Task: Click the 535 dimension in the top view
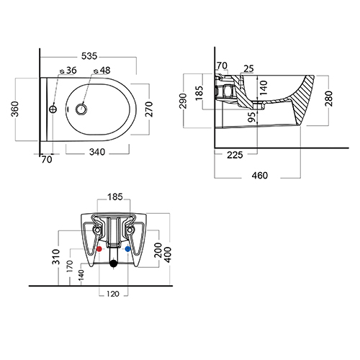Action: click(x=89, y=56)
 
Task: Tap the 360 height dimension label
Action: click(x=15, y=109)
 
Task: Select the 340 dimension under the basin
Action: click(x=97, y=152)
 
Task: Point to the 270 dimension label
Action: click(x=149, y=109)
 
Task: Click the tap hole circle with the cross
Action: click(x=53, y=109)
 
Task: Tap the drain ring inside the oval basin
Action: click(x=81, y=109)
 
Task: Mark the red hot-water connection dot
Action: click(x=99, y=249)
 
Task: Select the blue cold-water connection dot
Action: click(x=127, y=249)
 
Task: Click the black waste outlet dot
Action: click(x=113, y=264)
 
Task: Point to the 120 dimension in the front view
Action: click(x=113, y=294)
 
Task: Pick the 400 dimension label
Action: click(x=168, y=255)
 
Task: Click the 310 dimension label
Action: click(x=56, y=257)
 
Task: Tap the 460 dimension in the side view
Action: click(x=260, y=176)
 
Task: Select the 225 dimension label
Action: click(x=235, y=155)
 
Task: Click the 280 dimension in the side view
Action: click(x=328, y=99)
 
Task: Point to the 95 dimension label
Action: click(x=252, y=117)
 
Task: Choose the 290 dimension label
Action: click(x=183, y=101)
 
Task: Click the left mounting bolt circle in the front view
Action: click(x=97, y=230)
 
